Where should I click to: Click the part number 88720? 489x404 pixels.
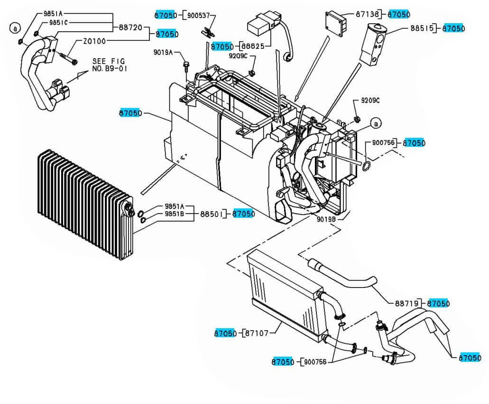pyautogui.click(x=130, y=28)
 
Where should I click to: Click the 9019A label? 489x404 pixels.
pyautogui.click(x=163, y=52)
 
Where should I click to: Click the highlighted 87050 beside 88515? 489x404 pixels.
pyautogui.click(x=453, y=28)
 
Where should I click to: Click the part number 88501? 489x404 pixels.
pyautogui.click(x=211, y=214)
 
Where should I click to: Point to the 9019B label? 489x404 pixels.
pyautogui.click(x=327, y=219)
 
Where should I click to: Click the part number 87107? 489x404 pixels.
pyautogui.click(x=257, y=333)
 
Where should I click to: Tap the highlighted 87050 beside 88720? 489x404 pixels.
pyautogui.click(x=167, y=34)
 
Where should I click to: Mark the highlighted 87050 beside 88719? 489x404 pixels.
pyautogui.click(x=439, y=303)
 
